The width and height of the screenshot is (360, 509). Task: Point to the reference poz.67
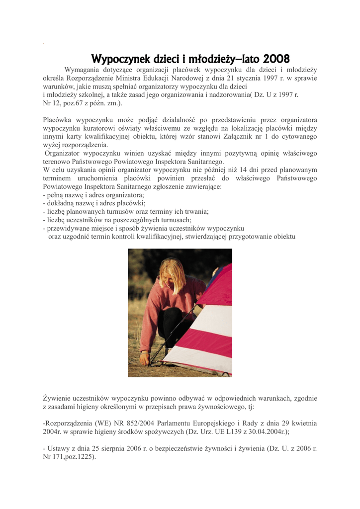tap(78, 103)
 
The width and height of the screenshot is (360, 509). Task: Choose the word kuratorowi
tap(100, 128)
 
